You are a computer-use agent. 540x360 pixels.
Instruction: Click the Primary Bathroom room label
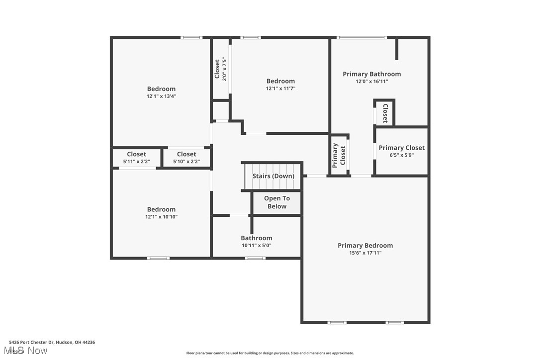tap(371, 74)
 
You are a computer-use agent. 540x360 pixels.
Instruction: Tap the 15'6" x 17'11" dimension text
tap(365, 253)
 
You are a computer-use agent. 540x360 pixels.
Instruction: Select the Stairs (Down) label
tap(273, 176)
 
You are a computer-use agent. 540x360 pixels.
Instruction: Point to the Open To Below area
tap(276, 202)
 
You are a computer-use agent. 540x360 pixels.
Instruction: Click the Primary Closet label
tap(401, 148)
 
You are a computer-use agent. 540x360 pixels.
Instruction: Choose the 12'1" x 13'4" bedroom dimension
tap(161, 96)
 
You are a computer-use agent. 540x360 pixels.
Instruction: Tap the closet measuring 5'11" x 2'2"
tap(136, 158)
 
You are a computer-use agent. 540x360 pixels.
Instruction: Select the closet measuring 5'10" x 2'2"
tap(186, 158)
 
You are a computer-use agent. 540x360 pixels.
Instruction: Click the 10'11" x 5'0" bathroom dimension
tap(257, 245)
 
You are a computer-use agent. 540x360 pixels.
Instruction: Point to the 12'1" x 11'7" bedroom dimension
tap(280, 89)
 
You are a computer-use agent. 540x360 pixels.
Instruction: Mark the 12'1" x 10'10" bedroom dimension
tap(161, 217)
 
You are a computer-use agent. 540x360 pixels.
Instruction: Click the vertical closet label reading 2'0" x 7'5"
tap(221, 69)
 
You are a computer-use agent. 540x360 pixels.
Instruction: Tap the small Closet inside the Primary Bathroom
tap(385, 113)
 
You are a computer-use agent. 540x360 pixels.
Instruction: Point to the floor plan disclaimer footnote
tap(270, 353)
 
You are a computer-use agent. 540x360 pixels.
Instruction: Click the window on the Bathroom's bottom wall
tap(255, 258)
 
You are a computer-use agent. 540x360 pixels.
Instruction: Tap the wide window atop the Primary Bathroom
tap(361, 37)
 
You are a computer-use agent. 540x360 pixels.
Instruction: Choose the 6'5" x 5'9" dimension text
tap(401, 155)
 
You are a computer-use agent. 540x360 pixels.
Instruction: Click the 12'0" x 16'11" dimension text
tap(371, 82)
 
